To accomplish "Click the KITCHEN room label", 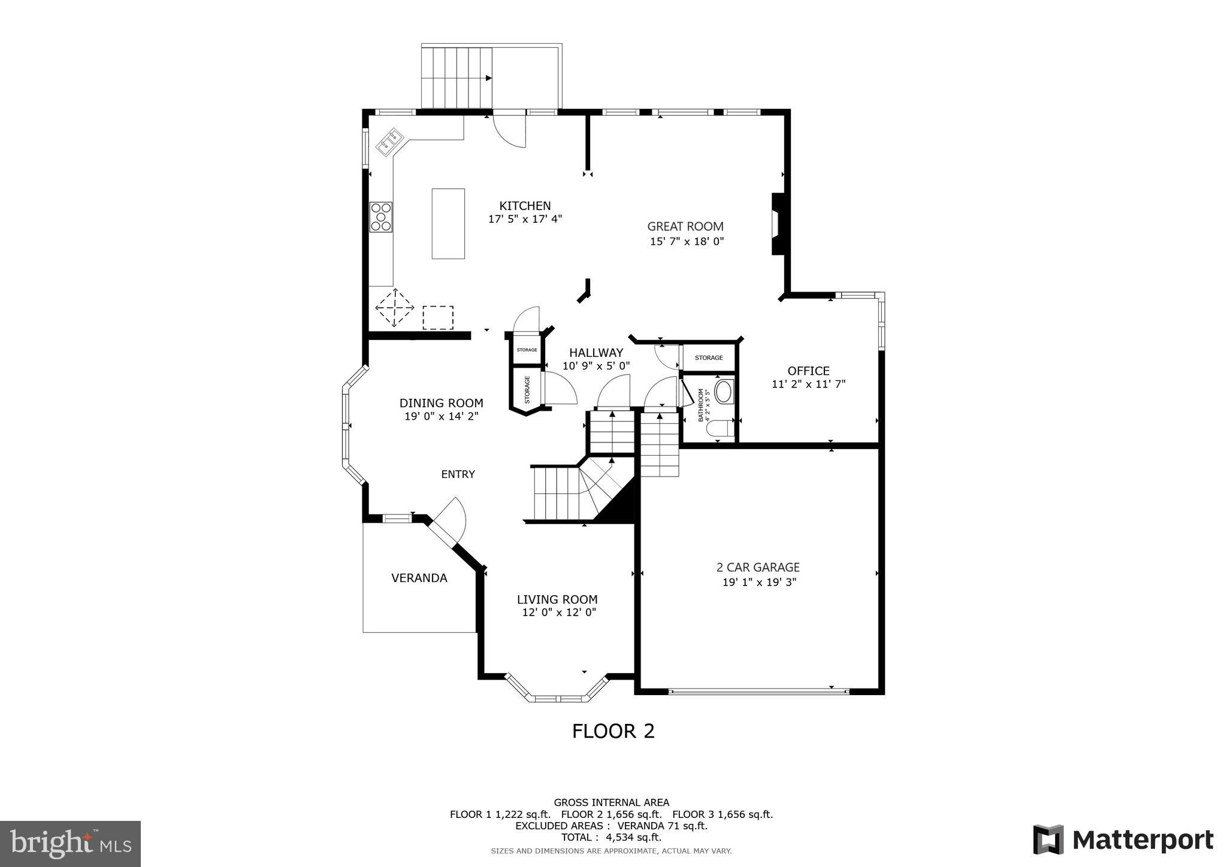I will pyautogui.click(x=525, y=206).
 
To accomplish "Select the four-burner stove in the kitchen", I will pyautogui.click(x=381, y=217).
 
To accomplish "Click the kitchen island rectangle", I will pyautogui.click(x=448, y=223).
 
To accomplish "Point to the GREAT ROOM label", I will pyautogui.click(x=685, y=226).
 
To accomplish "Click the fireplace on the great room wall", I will pyautogui.click(x=778, y=224).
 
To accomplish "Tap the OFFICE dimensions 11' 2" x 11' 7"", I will pyautogui.click(x=808, y=384).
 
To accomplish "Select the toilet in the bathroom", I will pyautogui.click(x=719, y=429).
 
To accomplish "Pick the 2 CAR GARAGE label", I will pyautogui.click(x=758, y=567).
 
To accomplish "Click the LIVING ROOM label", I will pyautogui.click(x=557, y=599).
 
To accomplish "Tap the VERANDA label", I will pyautogui.click(x=419, y=578).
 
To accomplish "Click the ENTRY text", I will pyautogui.click(x=458, y=474).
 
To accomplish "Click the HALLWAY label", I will pyautogui.click(x=596, y=353).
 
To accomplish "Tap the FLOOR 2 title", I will pyautogui.click(x=613, y=731).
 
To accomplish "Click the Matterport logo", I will pyautogui.click(x=1123, y=840).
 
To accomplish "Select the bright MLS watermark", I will pyautogui.click(x=71, y=844).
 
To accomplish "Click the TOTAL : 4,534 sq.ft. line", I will pyautogui.click(x=611, y=837).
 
